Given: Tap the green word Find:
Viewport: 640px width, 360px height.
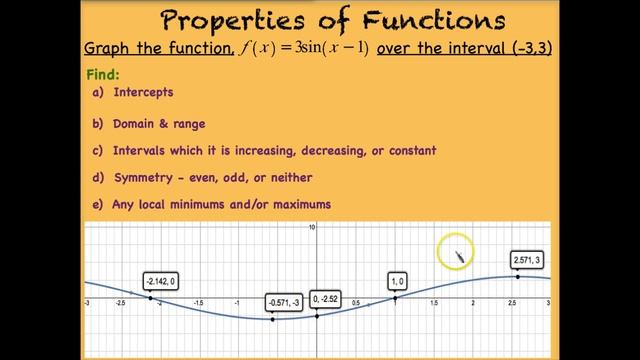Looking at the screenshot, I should click(103, 75).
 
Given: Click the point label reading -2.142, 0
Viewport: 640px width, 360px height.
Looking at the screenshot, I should click(160, 282).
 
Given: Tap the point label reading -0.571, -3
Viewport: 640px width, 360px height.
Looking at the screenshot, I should click(283, 302).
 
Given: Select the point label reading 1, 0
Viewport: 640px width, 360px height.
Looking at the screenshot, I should click(398, 281).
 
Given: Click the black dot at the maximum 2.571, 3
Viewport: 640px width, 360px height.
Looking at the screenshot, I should click(517, 276).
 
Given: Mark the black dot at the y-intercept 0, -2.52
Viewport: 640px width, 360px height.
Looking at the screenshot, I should click(317, 316).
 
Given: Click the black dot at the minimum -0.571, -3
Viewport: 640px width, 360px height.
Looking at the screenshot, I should click(273, 319).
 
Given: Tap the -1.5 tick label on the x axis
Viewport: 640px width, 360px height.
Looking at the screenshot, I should click(198, 301).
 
